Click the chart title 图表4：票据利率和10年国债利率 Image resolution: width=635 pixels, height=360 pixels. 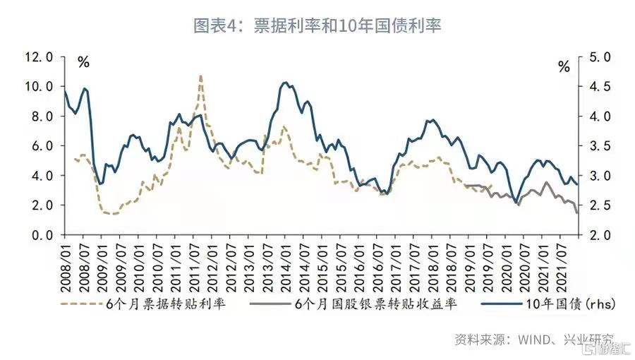point(317,25)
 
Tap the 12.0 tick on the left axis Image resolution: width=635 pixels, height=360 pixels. point(39,57)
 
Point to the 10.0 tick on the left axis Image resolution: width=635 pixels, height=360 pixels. point(39,87)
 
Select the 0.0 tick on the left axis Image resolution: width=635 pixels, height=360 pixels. point(42,235)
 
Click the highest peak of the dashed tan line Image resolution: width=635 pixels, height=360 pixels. point(201,76)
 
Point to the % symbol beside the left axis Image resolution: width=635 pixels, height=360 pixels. point(83,62)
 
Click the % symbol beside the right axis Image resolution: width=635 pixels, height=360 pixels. point(564,68)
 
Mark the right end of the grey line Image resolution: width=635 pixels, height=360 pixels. point(577,212)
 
